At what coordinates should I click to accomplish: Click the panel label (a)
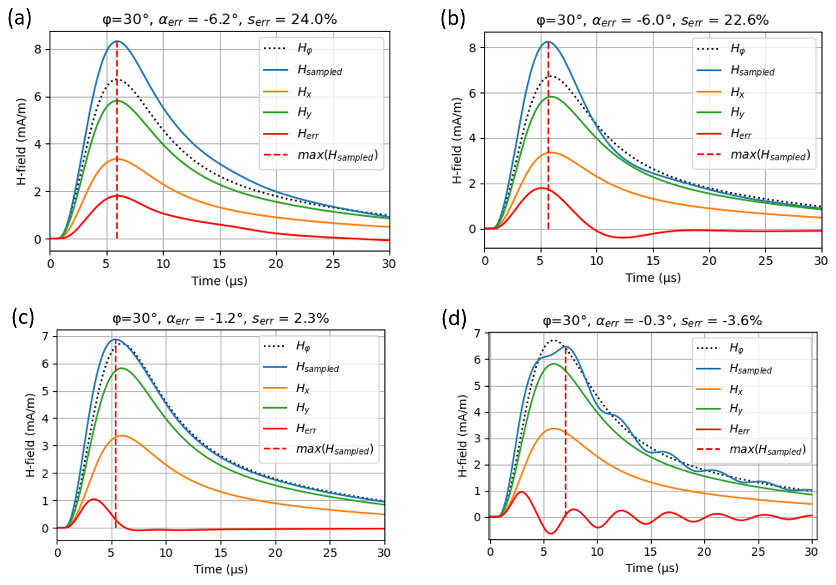(19, 18)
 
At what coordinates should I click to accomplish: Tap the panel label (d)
(455, 319)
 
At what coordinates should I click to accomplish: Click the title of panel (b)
(652, 20)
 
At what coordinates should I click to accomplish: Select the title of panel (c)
(221, 319)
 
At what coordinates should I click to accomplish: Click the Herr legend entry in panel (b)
(741, 134)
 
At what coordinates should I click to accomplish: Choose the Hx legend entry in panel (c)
(302, 388)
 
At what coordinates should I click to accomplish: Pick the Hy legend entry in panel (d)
(736, 409)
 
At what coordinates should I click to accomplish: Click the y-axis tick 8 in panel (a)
(38, 49)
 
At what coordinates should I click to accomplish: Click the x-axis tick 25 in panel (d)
(758, 552)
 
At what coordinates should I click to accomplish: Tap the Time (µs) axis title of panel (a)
(219, 281)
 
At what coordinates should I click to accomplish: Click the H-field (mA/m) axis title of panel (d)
(463, 436)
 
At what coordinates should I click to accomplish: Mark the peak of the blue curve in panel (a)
(117, 42)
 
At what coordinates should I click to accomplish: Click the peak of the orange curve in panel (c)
(121, 436)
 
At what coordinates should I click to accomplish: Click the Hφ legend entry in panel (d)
(736, 348)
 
